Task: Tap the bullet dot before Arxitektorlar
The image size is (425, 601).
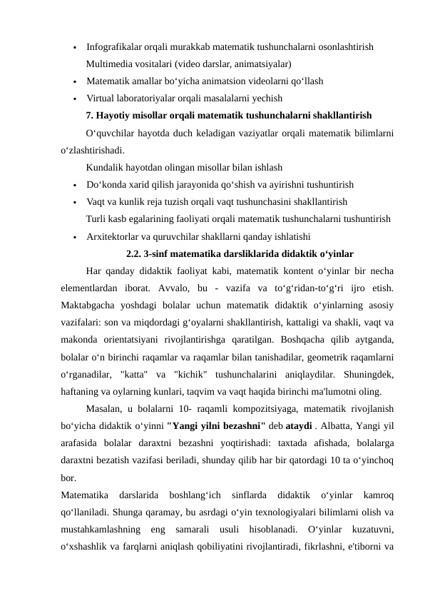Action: (x=74, y=236)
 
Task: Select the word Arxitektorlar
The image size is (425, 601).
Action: (x=114, y=236)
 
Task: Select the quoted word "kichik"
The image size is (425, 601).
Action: (x=189, y=373)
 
